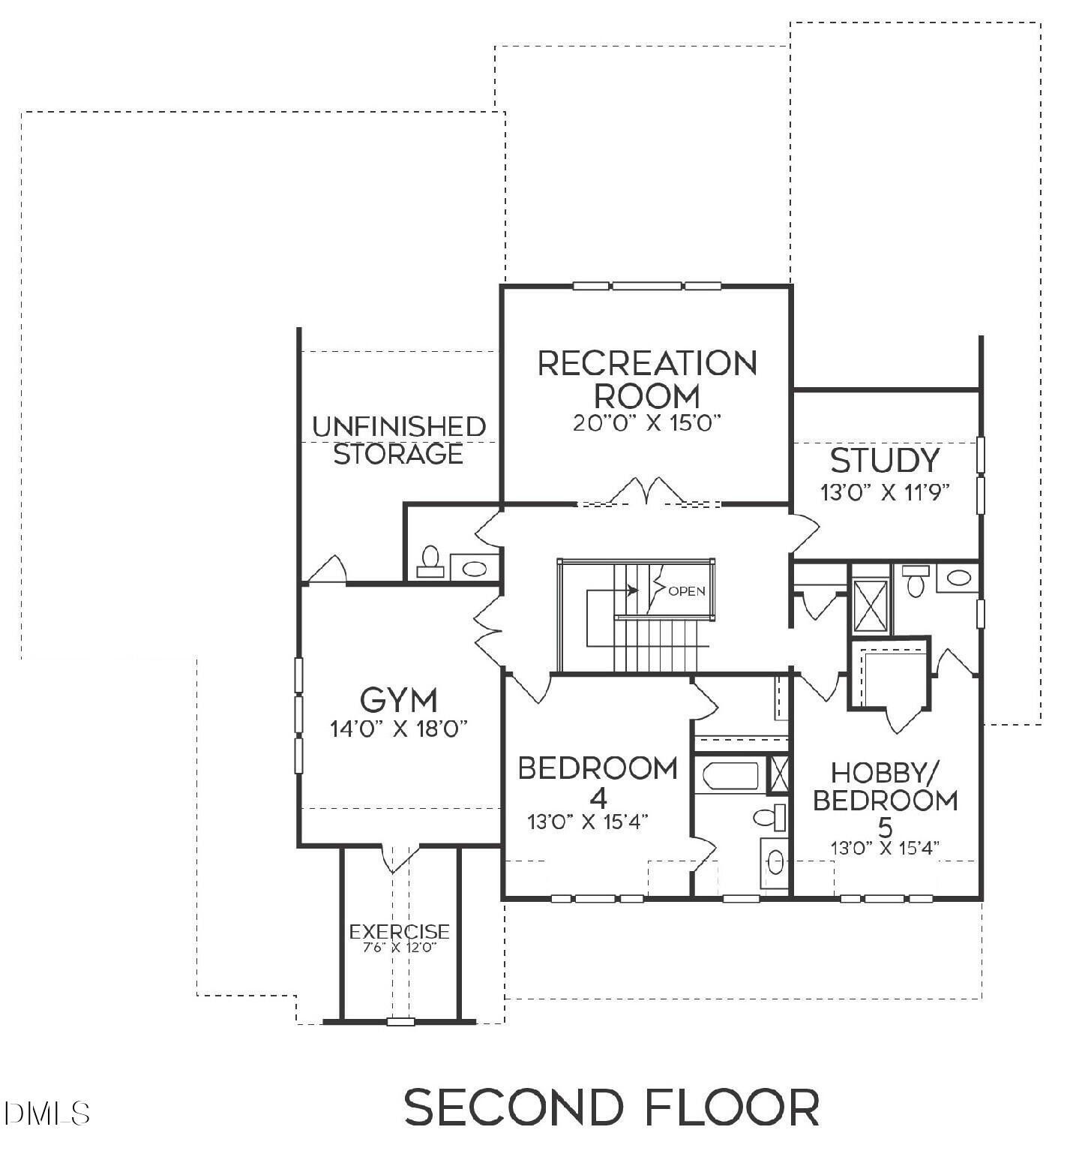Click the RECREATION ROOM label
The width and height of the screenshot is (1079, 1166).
coord(647,379)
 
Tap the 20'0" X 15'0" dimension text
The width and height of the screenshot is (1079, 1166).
coord(646,423)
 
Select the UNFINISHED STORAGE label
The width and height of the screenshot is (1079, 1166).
coord(398,440)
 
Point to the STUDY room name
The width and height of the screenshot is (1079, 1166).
coord(885,461)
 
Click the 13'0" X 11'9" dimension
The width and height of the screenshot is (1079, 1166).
coord(885,492)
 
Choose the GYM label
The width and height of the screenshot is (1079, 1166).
coord(398,700)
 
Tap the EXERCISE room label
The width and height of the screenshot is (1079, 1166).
coord(400,931)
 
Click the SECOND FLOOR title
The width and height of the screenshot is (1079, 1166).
coord(611,1107)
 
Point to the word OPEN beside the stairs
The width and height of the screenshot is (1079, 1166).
coord(686,591)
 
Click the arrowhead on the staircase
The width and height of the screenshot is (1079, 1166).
coord(634,591)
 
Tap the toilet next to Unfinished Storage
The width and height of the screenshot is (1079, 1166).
coord(430,560)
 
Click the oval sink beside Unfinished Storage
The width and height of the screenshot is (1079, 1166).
coord(474,568)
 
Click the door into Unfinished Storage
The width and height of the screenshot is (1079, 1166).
coord(328,570)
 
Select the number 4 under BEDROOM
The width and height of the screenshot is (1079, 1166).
coord(598,796)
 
